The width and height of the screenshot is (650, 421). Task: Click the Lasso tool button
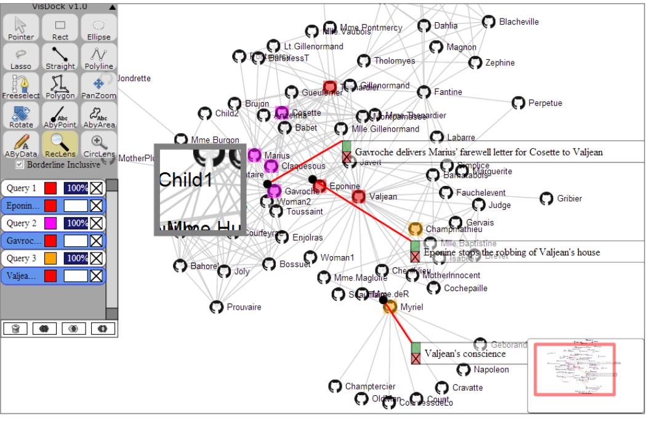[x=21, y=57]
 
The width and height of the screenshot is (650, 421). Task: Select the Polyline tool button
[x=98, y=57]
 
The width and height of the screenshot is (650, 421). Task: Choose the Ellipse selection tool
[x=98, y=28]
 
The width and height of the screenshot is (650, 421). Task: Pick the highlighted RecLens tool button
[x=60, y=145]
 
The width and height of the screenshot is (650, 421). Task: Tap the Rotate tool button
[x=21, y=116]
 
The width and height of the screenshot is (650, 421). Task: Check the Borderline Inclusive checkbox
[x=20, y=164]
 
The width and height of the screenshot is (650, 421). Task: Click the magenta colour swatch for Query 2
[x=50, y=223]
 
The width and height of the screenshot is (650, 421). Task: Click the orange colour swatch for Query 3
[x=50, y=258]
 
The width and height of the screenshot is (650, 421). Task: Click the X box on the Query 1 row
[x=97, y=188]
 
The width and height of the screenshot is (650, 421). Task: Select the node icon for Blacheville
[x=488, y=22]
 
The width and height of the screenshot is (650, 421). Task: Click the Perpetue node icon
[x=518, y=103]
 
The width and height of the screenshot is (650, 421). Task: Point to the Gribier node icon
[x=546, y=199]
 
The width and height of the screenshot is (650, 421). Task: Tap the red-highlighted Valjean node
[x=358, y=197]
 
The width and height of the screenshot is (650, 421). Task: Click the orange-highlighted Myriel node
[x=390, y=307]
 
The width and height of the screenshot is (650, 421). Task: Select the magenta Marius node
[x=254, y=156]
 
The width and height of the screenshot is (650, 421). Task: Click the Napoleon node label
[x=491, y=370]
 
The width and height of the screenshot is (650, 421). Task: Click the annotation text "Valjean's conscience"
[x=465, y=354]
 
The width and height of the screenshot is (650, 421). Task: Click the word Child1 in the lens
[x=185, y=180]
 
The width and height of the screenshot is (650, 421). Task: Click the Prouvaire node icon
[x=216, y=307]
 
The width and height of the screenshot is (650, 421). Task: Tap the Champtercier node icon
[x=334, y=387]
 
